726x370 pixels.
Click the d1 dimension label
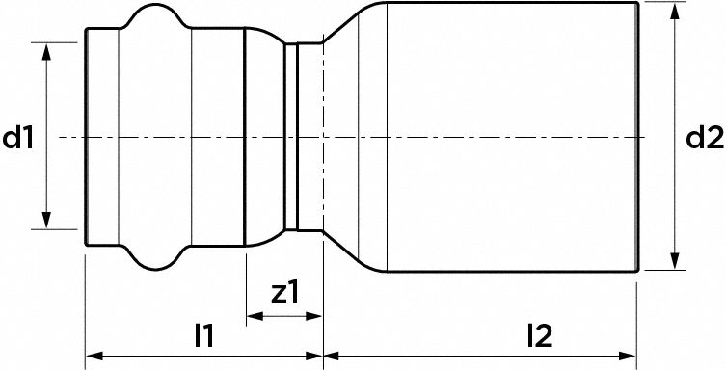click(18, 139)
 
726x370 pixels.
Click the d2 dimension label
click(705, 139)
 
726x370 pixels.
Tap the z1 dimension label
click(282, 292)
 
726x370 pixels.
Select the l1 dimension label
click(203, 335)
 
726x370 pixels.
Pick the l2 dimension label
click(539, 335)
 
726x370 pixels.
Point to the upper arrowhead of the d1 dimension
click(46, 49)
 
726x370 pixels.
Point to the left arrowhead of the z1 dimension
click(253, 316)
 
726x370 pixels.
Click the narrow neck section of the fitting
click(307, 137)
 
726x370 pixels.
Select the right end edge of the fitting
click(637, 139)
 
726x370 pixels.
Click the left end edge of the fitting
click(86, 137)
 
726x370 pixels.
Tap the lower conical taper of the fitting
click(353, 252)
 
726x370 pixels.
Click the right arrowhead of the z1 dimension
click(315, 316)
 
